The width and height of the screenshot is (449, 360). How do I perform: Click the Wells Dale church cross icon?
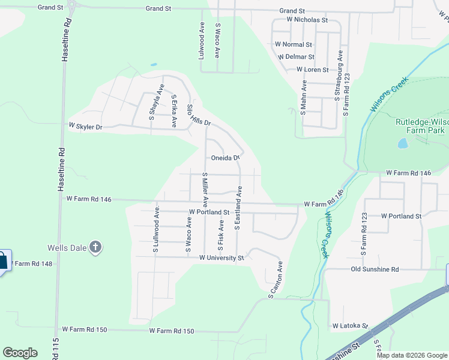pyautogui.click(x=95, y=247)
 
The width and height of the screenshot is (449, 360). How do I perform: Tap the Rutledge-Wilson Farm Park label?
pyautogui.click(x=421, y=125)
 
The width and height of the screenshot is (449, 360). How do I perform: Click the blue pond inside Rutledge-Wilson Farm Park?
pyautogui.click(x=402, y=143)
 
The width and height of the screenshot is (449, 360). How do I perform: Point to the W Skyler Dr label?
pyautogui.click(x=86, y=127)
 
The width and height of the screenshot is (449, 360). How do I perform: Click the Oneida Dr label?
pyautogui.click(x=225, y=158)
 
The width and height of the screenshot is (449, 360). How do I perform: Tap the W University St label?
pyautogui.click(x=221, y=258)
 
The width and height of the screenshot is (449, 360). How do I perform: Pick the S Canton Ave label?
pyautogui.click(x=276, y=278)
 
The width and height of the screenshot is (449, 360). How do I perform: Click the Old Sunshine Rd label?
pyautogui.click(x=375, y=269)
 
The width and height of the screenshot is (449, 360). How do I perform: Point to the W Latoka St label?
pyautogui.click(x=350, y=325)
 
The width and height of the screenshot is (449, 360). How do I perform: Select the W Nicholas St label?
pyautogui.click(x=307, y=20)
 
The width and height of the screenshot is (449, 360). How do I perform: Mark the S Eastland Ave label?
pyautogui.click(x=238, y=209)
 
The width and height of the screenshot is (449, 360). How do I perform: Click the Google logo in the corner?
pyautogui.click(x=20, y=353)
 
